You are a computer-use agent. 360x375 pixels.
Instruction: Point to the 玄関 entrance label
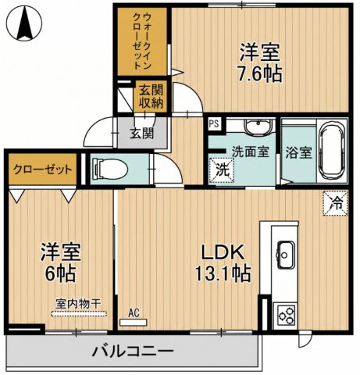[x=142, y=133]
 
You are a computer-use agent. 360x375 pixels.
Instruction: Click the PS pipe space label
[x=213, y=123]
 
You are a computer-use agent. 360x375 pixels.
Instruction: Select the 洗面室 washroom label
[x=249, y=152]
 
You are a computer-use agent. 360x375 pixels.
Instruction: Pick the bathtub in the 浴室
[x=333, y=148]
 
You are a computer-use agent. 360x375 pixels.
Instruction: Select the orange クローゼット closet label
[x=43, y=169]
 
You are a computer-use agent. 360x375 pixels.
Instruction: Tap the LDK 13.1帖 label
[x=223, y=263]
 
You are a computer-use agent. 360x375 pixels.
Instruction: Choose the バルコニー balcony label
[x=133, y=352]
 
